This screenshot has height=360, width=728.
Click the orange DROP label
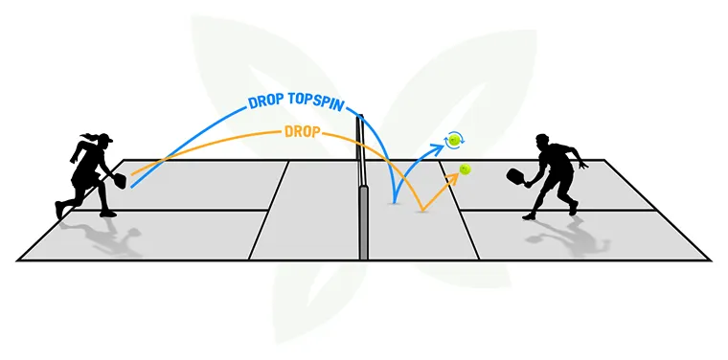[x=305, y=132]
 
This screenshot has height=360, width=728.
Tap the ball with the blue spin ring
[x=454, y=140]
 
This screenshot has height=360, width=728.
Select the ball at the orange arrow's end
[x=465, y=169]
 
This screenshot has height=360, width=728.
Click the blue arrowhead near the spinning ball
[x=442, y=145]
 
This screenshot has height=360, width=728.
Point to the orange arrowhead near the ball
[x=451, y=178]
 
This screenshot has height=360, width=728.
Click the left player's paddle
[x=120, y=179]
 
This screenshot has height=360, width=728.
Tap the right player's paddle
[x=514, y=176]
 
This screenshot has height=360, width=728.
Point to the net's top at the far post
[x=360, y=118]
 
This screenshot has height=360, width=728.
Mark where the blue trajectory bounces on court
[x=395, y=202]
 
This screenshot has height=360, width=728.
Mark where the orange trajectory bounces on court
[x=421, y=210]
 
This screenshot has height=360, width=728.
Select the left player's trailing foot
[x=61, y=210]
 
